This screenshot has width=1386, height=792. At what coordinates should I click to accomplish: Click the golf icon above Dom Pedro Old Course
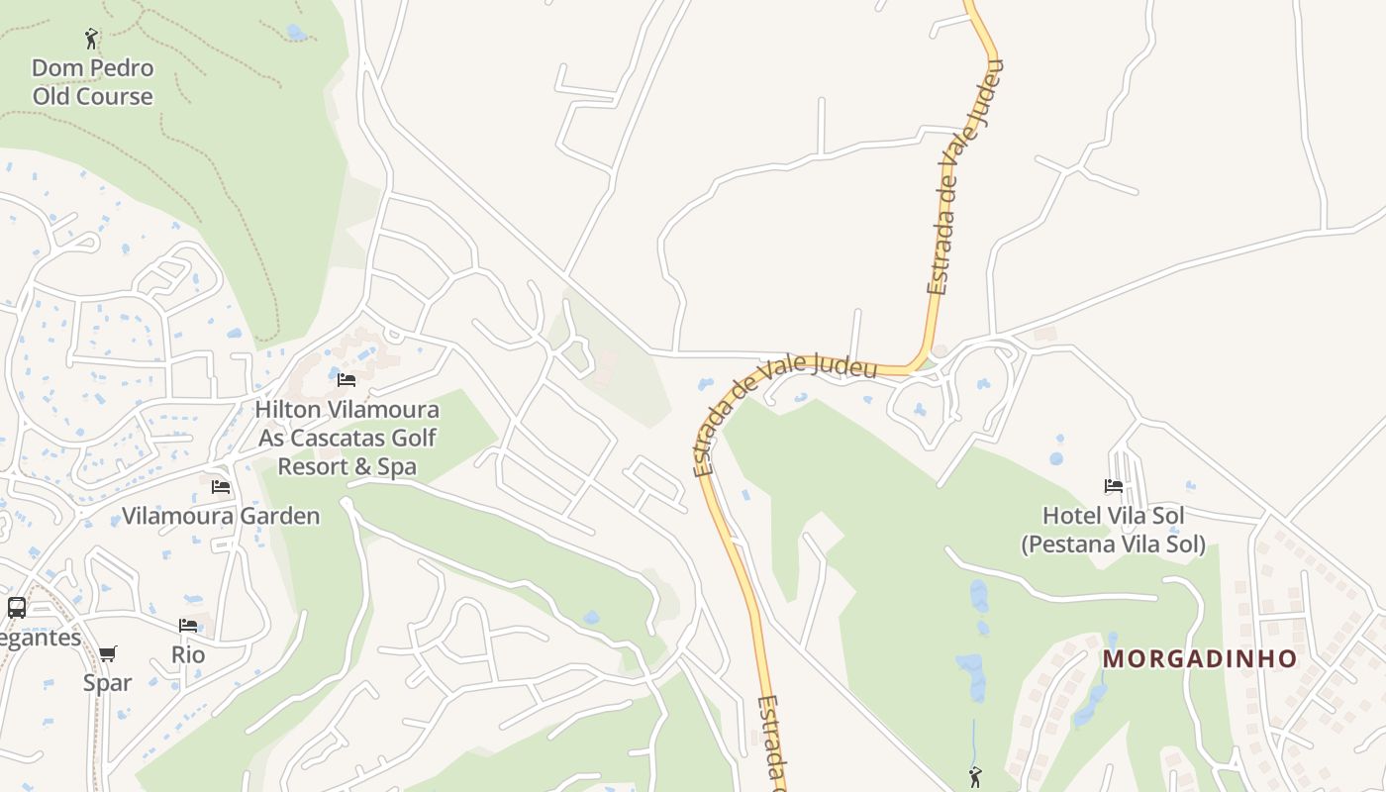tap(92, 40)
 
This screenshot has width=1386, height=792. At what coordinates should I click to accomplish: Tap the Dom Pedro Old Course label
tap(93, 82)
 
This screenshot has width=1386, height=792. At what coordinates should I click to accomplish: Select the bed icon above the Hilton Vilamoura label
tap(346, 379)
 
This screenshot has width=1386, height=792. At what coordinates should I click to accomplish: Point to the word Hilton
tap(289, 409)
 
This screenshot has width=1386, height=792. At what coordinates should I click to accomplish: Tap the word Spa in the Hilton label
tap(397, 466)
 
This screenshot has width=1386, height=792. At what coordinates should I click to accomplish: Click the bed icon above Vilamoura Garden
tap(221, 486)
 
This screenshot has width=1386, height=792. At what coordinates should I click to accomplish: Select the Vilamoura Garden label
tap(221, 516)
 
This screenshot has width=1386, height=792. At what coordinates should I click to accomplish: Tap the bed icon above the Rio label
tap(188, 625)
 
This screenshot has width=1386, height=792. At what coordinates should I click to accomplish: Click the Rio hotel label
tap(188, 654)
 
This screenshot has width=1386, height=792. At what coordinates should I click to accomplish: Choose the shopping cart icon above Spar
tap(108, 653)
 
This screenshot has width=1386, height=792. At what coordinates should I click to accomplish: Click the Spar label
tap(107, 682)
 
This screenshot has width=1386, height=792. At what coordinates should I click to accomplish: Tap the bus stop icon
tap(17, 607)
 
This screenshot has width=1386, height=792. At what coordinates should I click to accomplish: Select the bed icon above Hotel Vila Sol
tap(1114, 486)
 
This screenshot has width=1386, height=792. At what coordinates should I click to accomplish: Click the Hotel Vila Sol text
tap(1114, 516)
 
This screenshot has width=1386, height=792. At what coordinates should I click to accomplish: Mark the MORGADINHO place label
tap(1200, 658)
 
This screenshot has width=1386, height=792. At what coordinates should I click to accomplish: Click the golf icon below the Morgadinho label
tap(975, 777)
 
